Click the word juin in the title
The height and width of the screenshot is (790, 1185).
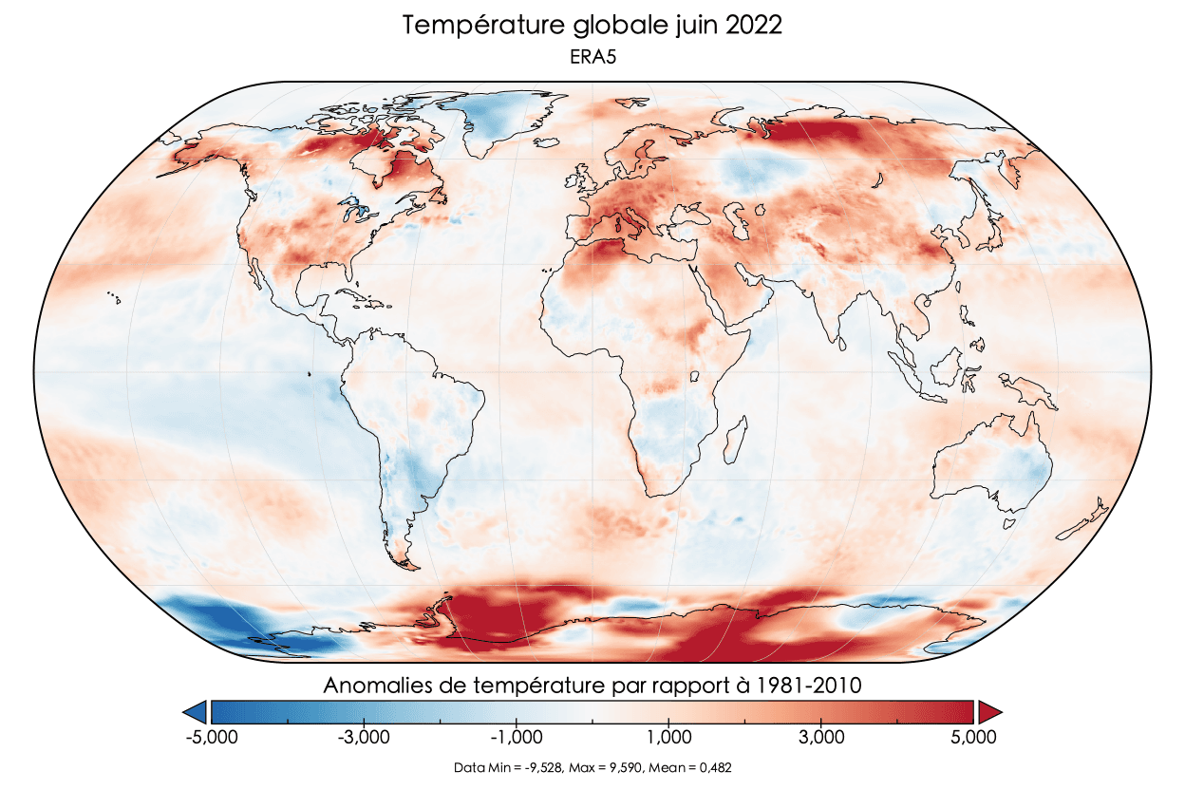tap(676, 26)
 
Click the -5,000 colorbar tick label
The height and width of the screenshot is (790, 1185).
tap(210, 737)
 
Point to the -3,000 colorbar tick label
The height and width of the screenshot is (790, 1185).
tap(363, 737)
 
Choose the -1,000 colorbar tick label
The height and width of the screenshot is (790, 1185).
tap(516, 737)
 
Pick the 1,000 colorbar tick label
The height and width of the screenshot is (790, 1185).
tap(669, 737)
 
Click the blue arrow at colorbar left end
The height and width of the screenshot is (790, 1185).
tap(196, 711)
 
